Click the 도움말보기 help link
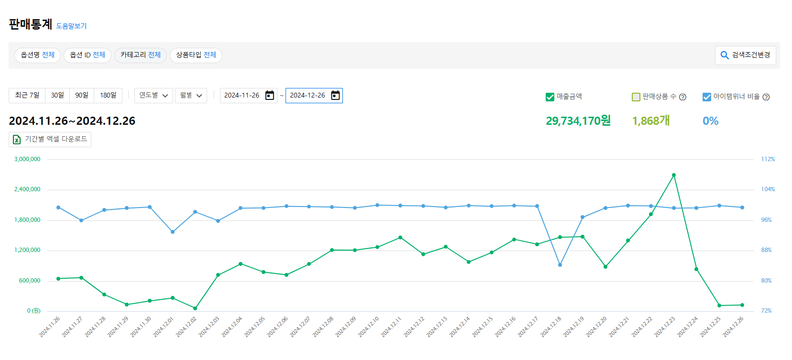point(71,26)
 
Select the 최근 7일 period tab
point(27,95)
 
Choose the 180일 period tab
point(108,95)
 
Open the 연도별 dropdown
point(154,95)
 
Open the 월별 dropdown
point(191,95)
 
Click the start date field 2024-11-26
point(242,95)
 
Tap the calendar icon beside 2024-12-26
point(336,95)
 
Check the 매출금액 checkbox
point(550,97)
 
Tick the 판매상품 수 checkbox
point(636,97)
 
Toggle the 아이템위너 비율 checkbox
point(706,97)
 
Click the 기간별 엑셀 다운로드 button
point(50,139)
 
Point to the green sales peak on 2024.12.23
point(674,175)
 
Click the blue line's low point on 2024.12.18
point(560,265)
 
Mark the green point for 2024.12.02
point(195,308)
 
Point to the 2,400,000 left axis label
point(27,189)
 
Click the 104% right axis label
point(768,189)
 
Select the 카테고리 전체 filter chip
point(141,55)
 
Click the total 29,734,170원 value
point(578,121)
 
